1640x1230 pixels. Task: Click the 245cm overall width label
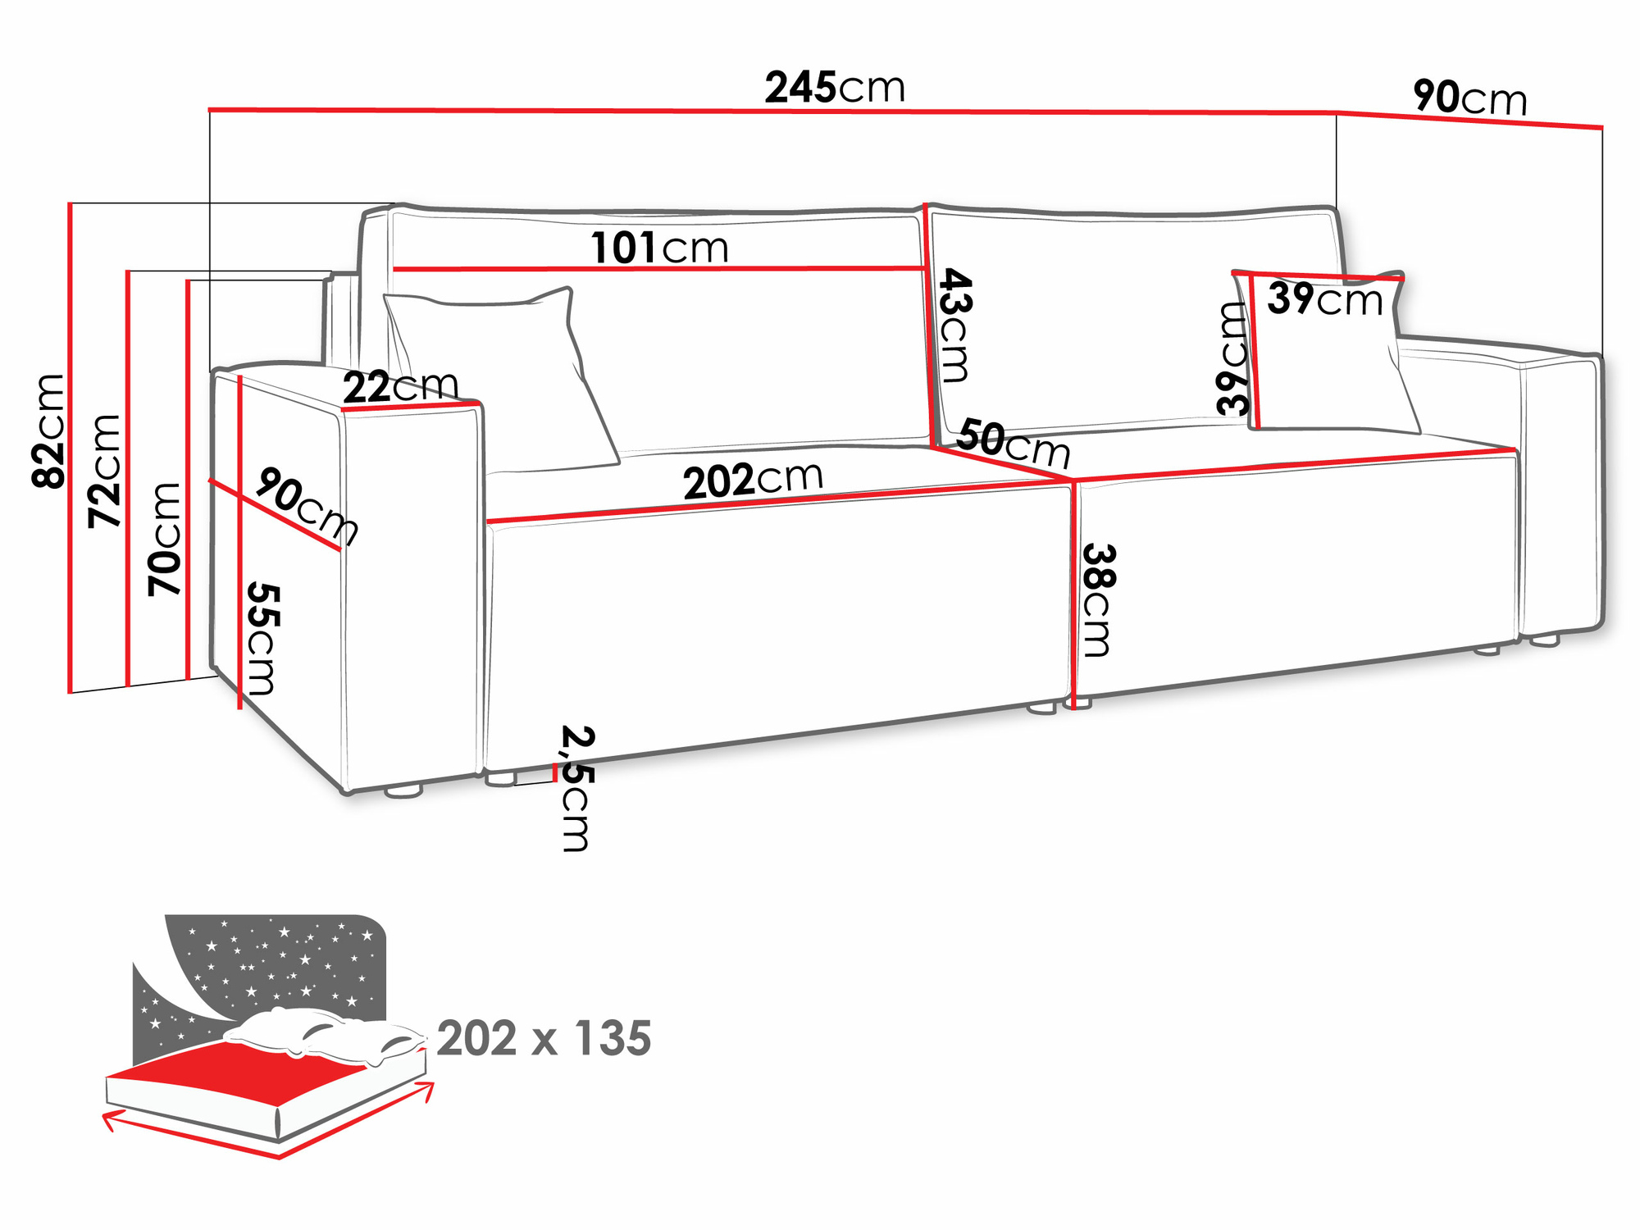click(834, 87)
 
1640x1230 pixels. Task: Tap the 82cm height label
click(49, 431)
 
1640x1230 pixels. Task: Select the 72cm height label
click(106, 471)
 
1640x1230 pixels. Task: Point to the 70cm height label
click(165, 539)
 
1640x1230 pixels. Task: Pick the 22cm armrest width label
click(400, 385)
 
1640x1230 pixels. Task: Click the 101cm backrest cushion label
click(659, 247)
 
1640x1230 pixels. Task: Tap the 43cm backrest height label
click(954, 325)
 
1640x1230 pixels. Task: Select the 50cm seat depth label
click(1014, 443)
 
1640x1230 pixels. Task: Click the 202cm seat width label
click(753, 480)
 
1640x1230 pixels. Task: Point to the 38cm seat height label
click(1097, 599)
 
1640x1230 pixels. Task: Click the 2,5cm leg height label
click(576, 788)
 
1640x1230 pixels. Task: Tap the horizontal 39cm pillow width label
click(1324, 298)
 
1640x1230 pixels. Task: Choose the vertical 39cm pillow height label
click(1232, 358)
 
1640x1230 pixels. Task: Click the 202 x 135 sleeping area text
click(544, 1038)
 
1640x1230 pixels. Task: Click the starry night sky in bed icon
click(279, 959)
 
